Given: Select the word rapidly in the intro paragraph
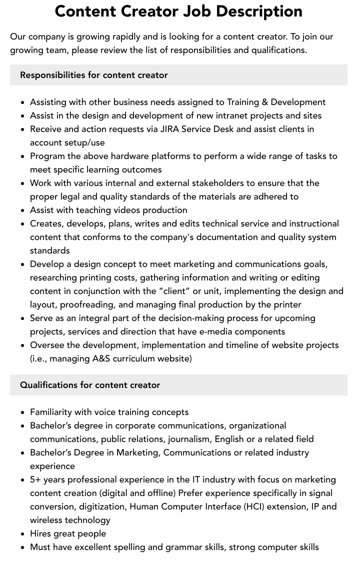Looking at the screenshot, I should pyautogui.click(x=127, y=36).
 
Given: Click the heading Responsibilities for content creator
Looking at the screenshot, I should pyautogui.click(x=94, y=75).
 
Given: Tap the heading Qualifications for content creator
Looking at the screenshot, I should pyautogui.click(x=90, y=385).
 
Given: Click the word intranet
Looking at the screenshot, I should pyautogui.click(x=231, y=115).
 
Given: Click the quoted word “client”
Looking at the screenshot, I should pyautogui.click(x=174, y=291).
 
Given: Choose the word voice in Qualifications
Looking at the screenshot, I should pyautogui.click(x=96, y=412).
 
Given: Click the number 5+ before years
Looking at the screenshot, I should pyautogui.click(x=35, y=479).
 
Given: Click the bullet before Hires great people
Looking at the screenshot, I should pyautogui.click(x=23, y=534).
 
